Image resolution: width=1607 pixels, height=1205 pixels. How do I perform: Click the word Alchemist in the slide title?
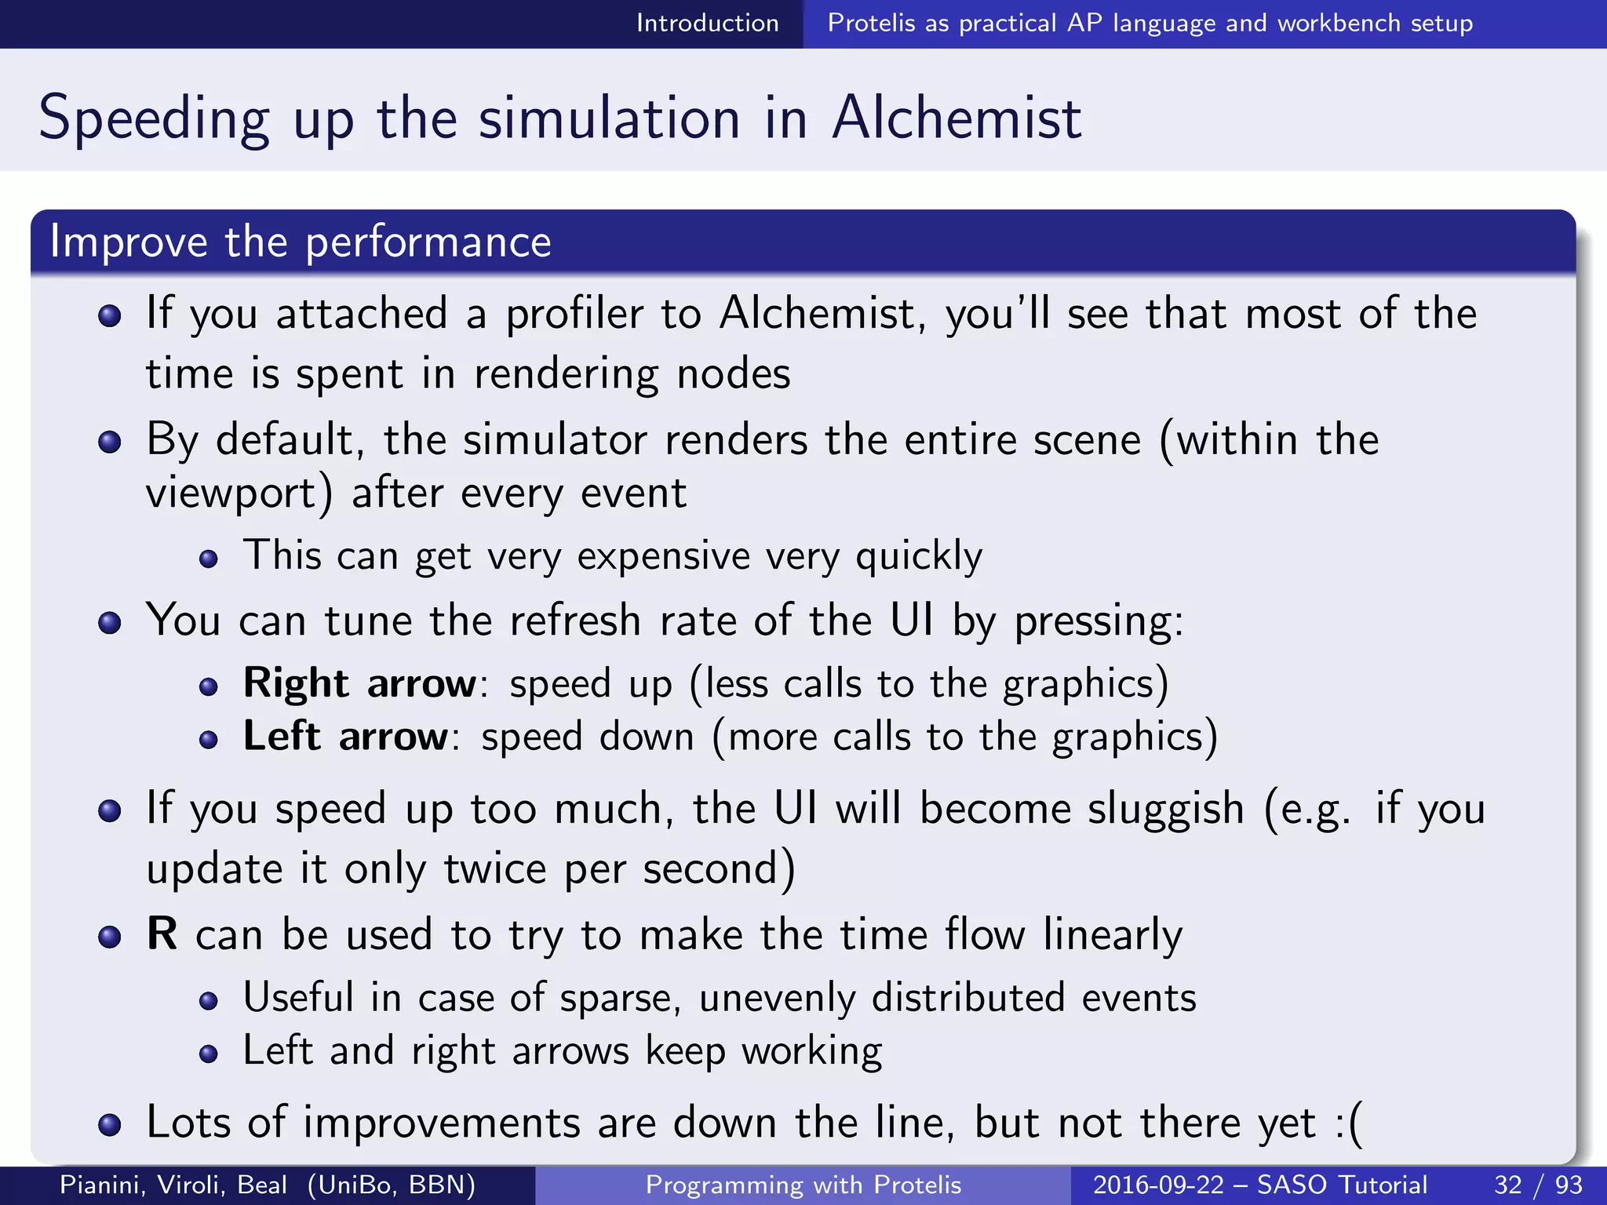957,118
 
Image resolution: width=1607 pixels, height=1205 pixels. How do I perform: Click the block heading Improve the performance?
301,242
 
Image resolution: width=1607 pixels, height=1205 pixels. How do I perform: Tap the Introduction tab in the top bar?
707,24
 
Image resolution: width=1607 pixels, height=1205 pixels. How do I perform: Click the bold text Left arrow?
345,737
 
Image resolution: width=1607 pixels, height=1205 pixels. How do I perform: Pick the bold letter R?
162,934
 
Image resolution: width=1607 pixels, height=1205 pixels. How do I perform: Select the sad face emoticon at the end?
1348,1123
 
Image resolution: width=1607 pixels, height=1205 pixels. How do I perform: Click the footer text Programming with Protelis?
803,1185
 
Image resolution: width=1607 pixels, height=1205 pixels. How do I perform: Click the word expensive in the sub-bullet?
664,557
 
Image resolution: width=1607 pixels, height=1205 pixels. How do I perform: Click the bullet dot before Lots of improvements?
110,1125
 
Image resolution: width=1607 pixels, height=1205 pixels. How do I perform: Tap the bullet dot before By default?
110,442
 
